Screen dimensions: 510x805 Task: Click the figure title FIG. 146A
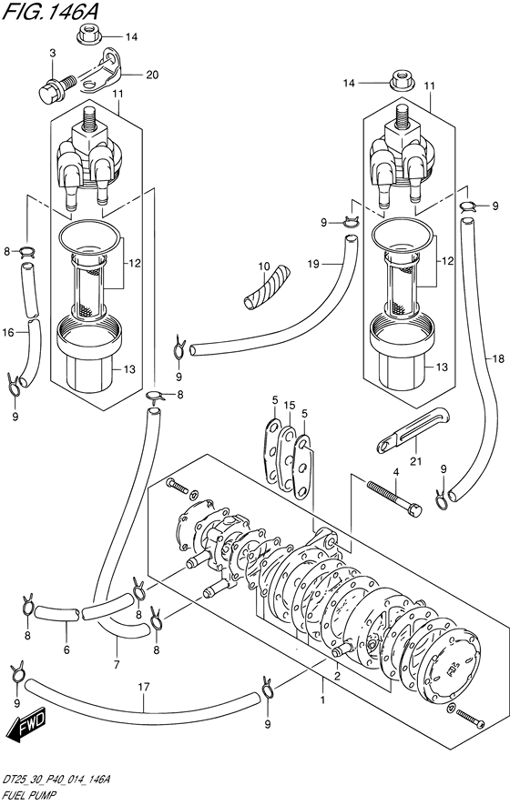[50, 11]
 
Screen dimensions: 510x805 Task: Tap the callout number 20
[152, 75]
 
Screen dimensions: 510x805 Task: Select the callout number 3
[53, 53]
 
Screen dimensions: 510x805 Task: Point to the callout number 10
[264, 267]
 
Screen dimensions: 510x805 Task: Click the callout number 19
[313, 265]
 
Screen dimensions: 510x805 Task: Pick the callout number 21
[415, 461]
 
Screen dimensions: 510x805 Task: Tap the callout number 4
[396, 471]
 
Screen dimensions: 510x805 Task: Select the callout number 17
[144, 687]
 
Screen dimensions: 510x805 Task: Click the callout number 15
[290, 406]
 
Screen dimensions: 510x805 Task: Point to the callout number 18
[498, 359]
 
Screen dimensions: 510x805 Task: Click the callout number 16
[8, 333]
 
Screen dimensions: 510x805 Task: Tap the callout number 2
[337, 675]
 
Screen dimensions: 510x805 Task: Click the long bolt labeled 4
[394, 497]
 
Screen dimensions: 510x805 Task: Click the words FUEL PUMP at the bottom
[29, 795]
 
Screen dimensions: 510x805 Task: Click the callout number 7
[117, 665]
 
